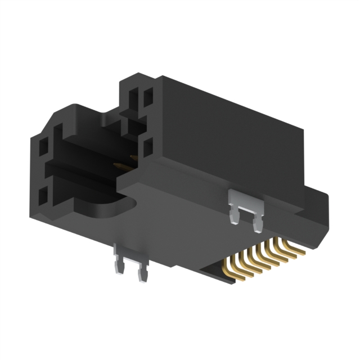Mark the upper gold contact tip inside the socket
pos(133,158)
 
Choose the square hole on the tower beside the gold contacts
pos(148,150)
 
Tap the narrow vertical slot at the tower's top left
pos(133,101)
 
